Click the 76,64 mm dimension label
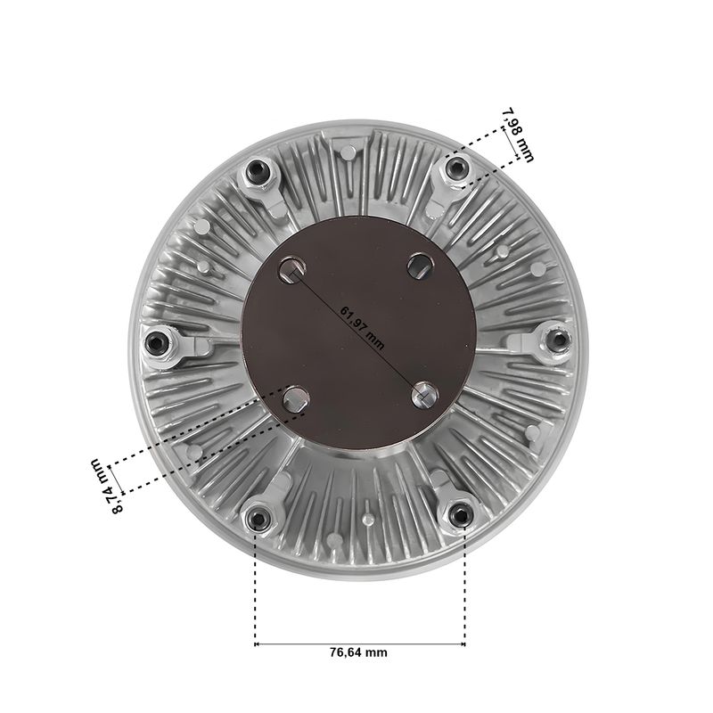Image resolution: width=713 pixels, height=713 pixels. point(359,652)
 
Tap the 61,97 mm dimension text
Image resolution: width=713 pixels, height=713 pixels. point(363,328)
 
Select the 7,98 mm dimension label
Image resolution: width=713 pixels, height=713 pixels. point(519,135)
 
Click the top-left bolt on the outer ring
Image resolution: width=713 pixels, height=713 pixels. point(258,170)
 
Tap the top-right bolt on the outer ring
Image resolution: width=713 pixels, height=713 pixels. point(455,168)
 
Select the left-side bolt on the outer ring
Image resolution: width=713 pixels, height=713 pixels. point(157,342)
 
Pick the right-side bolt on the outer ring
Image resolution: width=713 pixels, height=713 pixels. point(558,340)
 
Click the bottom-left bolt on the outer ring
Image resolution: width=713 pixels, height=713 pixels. point(258,519)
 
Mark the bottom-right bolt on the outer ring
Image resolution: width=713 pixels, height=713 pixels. point(460,516)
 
